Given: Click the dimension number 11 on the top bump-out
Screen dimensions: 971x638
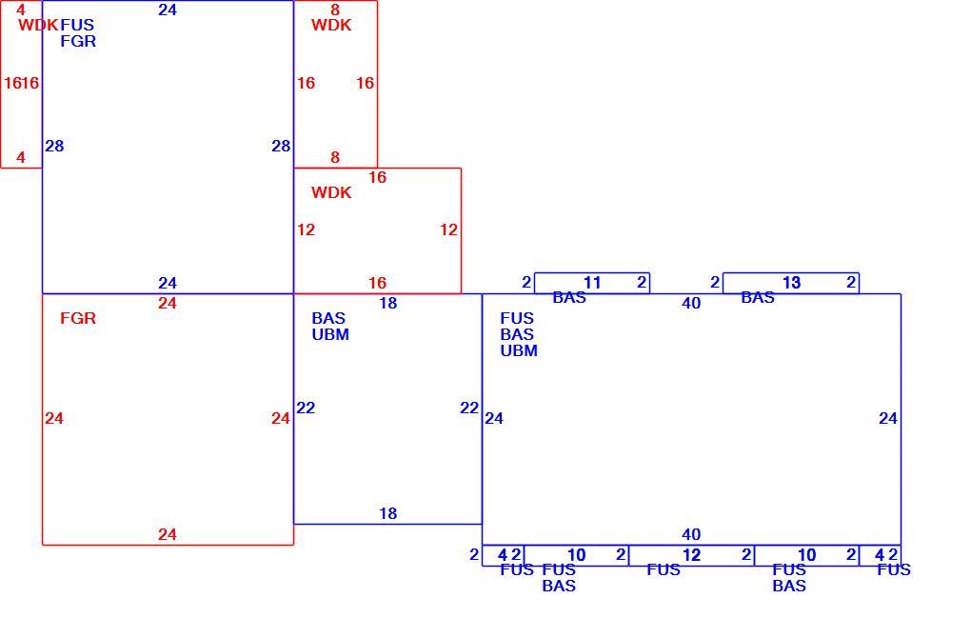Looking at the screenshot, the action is click(x=592, y=283).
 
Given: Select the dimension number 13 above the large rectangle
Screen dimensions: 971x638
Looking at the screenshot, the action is click(x=791, y=283).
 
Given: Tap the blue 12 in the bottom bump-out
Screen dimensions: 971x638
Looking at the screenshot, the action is click(x=691, y=555).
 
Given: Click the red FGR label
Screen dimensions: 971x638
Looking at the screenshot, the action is click(x=78, y=318).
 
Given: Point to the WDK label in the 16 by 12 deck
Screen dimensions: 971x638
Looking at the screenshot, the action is click(x=331, y=192).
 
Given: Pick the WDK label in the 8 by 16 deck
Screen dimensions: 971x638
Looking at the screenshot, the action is click(x=331, y=26).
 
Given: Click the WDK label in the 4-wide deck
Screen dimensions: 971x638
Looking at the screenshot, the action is click(x=38, y=26).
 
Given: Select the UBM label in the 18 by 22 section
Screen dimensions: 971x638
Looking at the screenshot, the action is click(x=330, y=334).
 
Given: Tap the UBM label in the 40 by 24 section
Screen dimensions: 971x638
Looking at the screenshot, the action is click(x=519, y=350).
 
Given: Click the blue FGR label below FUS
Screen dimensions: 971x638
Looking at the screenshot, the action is click(x=78, y=42).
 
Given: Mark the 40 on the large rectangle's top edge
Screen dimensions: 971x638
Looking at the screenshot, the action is click(x=691, y=303).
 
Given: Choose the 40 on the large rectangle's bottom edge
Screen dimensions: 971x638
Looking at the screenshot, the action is click(x=691, y=534).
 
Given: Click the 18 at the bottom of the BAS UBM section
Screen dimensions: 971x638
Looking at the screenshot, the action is click(x=387, y=513).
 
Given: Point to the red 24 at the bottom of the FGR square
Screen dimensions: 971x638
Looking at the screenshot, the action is click(x=168, y=534).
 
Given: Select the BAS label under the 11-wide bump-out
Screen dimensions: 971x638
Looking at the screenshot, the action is click(x=569, y=298).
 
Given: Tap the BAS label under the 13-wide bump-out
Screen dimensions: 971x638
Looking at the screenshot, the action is click(x=758, y=298).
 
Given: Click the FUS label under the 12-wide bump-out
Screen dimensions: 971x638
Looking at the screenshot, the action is click(x=664, y=569).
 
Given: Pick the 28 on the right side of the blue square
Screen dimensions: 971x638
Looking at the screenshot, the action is click(x=281, y=147).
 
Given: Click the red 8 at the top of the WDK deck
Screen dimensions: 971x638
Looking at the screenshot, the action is click(x=335, y=10).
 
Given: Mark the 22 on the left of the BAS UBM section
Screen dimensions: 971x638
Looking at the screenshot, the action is click(x=306, y=409).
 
